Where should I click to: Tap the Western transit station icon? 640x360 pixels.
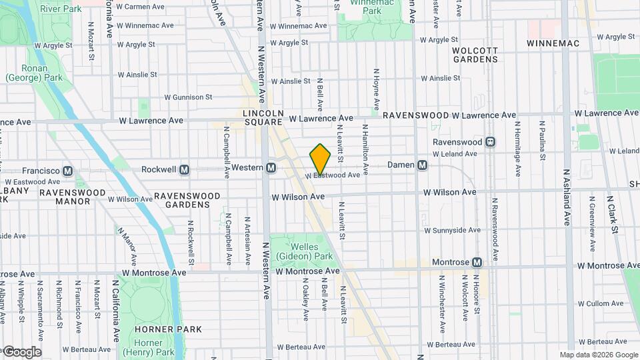click(271, 168)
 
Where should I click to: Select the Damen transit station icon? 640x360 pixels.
click(422, 165)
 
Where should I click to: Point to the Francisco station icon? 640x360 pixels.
click(67, 171)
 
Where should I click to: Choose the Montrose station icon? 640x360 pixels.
click(477, 263)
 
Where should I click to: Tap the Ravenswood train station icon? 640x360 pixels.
click(491, 141)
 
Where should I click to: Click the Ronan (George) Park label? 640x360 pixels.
click(24, 73)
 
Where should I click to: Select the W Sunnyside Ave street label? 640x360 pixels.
click(453, 231)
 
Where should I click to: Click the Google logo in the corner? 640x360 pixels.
click(21, 351)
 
